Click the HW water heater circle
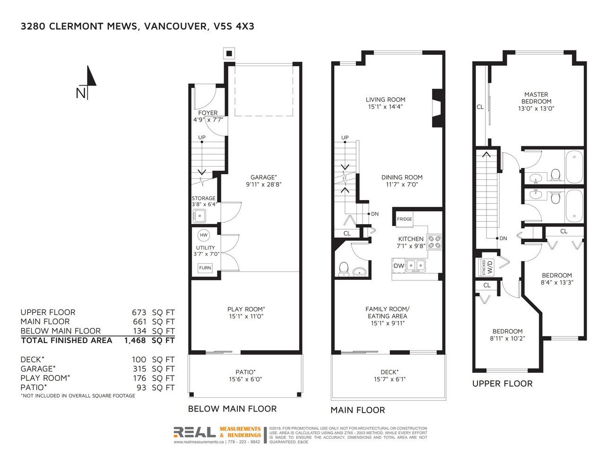[203, 235]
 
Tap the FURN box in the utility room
[205, 268]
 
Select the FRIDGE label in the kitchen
[404, 219]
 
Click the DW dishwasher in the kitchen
[398, 266]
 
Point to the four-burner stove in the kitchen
[434, 242]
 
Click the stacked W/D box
[487, 267]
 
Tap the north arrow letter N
[81, 93]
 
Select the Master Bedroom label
[536, 98]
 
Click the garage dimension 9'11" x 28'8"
[263, 185]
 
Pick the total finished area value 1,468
[135, 341]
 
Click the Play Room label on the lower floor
[246, 309]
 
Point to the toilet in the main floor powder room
[344, 269]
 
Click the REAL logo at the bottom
[195, 432]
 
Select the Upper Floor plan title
[502, 384]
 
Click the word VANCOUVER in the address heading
[175, 26]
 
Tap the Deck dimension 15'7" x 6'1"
[389, 379]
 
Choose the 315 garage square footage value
[139, 369]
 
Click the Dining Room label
[402, 177]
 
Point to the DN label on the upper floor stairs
[503, 238]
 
